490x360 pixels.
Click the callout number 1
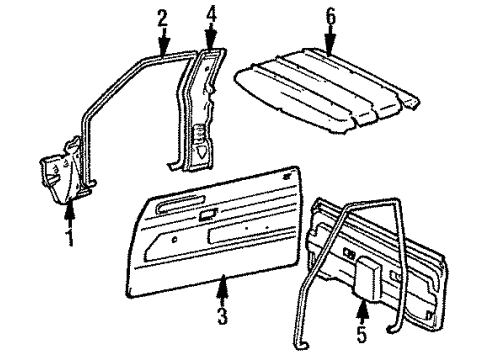pos(69,237)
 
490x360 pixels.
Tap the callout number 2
pos(163,17)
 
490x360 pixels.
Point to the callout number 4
pos(211,16)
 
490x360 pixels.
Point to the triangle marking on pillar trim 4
pos(204,151)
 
